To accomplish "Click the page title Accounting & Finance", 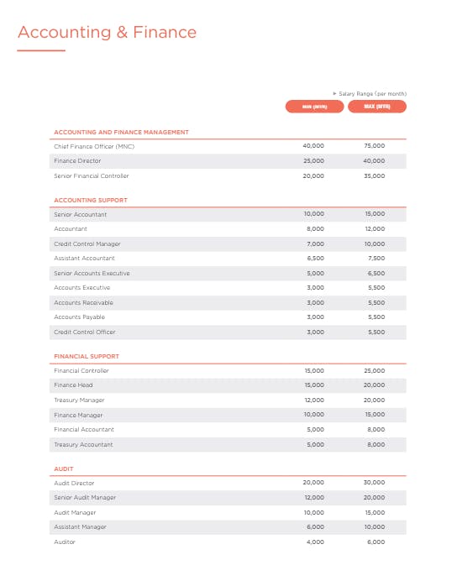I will pos(107,33).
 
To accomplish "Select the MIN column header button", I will pos(313,107).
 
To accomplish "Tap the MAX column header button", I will pos(376,107).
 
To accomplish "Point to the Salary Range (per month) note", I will pos(371,93).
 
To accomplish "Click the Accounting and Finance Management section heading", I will pos(121,132).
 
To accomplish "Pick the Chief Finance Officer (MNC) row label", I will pos(94,146).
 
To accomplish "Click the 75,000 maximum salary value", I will pos(375,146).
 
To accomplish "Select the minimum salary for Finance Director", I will pos(313,160).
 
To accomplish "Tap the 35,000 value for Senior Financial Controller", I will pos(375,175).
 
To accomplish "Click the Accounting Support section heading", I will pos(91,200).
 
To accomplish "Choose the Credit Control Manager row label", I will pos(87,243).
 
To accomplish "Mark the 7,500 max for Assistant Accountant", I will pos(376,259).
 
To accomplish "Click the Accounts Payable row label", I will pos(80,317).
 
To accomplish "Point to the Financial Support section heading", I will pos(87,356).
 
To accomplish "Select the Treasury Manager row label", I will pos(80,400).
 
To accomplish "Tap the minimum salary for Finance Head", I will pos(313,385).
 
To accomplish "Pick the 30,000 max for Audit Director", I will pos(375,483).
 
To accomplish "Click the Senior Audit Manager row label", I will pos(86,498).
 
